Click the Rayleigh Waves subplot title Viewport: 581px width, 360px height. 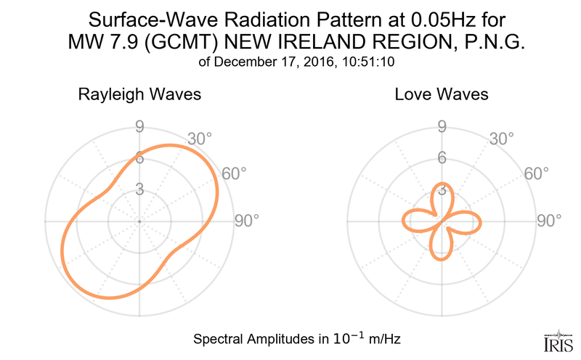pos(139,94)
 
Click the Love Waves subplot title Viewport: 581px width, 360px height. pos(441,94)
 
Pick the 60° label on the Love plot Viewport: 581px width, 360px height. pos(536,173)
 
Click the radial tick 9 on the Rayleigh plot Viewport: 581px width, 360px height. pos(139,128)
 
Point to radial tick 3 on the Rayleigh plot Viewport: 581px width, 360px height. pos(139,190)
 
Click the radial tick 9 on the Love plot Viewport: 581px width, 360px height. pos(441,128)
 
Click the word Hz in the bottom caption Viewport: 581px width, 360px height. pos(391,339)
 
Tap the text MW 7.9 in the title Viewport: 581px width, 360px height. pos(98,43)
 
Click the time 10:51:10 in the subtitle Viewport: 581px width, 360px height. pos(370,62)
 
